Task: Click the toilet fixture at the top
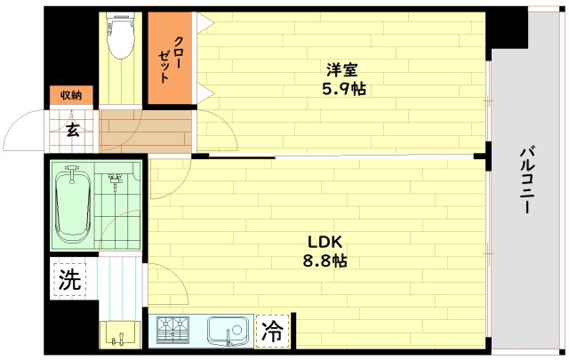(119, 34)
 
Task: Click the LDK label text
(325, 243)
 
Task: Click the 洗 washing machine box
(69, 281)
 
